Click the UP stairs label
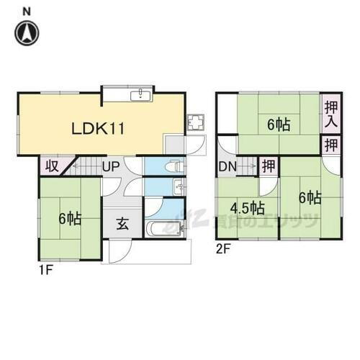(111, 167)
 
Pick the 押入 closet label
(330, 114)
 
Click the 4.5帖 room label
(247, 208)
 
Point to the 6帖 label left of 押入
(278, 125)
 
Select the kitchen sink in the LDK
(140, 96)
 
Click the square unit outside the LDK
(195, 123)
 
